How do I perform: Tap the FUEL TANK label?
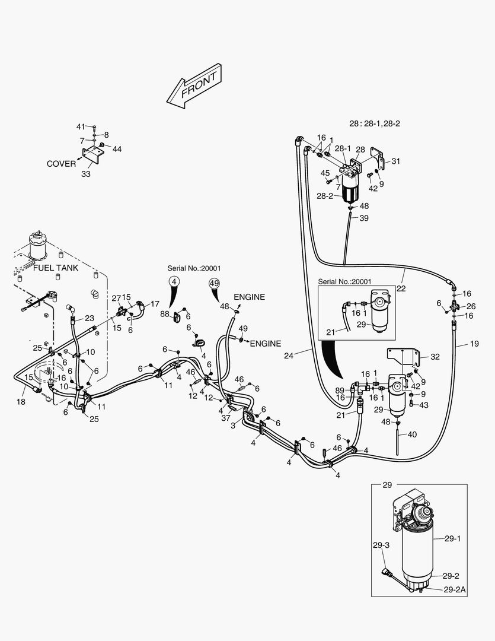click(55, 268)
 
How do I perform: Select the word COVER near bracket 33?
click(62, 164)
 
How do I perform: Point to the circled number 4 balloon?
click(174, 283)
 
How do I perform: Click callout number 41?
click(81, 127)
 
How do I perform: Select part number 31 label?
click(396, 161)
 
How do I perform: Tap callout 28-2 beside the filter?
click(324, 195)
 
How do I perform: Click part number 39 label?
click(363, 218)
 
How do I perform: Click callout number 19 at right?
click(474, 343)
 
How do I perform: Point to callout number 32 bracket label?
click(435, 357)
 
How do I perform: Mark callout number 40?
click(412, 434)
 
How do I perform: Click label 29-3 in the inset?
click(381, 545)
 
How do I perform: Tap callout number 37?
click(226, 418)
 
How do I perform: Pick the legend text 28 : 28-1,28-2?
click(375, 123)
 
